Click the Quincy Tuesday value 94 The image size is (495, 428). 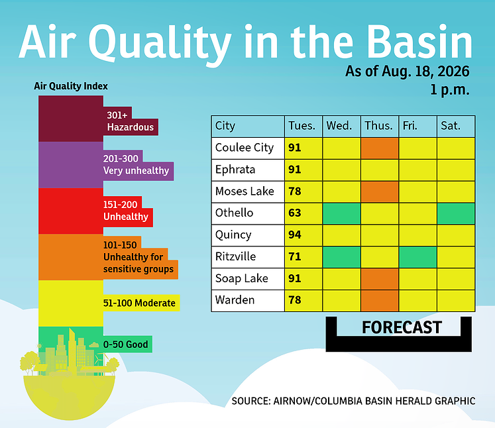click(x=294, y=235)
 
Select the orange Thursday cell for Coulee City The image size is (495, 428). click(x=380, y=148)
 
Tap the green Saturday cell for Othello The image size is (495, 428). click(x=456, y=214)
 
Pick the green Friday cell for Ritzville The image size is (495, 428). click(x=417, y=257)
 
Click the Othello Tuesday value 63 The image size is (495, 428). click(x=294, y=213)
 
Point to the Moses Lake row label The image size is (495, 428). click(x=245, y=191)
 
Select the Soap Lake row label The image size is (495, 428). click(x=241, y=279)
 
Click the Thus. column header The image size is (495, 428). click(x=378, y=126)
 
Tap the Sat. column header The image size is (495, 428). click(x=451, y=126)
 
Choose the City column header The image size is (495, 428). click(x=225, y=127)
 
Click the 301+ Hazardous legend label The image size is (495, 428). click(x=130, y=121)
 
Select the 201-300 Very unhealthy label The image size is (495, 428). click(x=136, y=164)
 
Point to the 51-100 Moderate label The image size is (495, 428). click(x=139, y=303)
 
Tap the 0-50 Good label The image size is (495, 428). click(x=126, y=345)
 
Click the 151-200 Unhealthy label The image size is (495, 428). click(x=126, y=211)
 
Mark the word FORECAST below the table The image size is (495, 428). click(x=402, y=328)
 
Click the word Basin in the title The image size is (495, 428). click(x=419, y=42)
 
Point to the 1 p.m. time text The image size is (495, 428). click(x=450, y=90)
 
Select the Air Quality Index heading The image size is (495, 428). click(x=71, y=86)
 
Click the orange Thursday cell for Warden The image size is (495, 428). click(x=380, y=301)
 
